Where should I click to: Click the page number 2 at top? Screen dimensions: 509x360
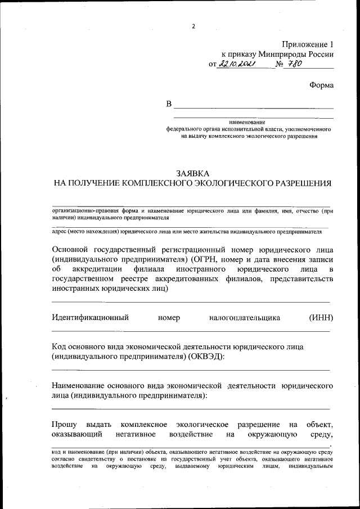click(x=192, y=26)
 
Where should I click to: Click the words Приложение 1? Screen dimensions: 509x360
click(x=308, y=44)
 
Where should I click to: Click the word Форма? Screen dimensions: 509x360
click(x=321, y=85)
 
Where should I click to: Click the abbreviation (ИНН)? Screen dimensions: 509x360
click(x=321, y=318)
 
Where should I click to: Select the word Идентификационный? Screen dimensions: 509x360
click(x=90, y=318)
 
